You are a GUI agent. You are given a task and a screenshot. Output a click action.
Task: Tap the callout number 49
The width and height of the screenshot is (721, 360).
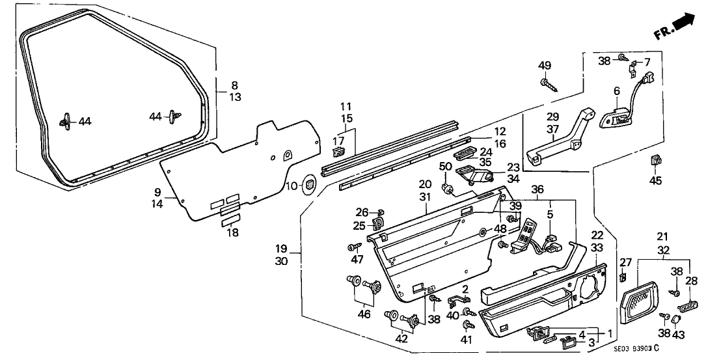pos(545,65)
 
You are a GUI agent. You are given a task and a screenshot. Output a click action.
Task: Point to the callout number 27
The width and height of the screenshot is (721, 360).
pos(625,263)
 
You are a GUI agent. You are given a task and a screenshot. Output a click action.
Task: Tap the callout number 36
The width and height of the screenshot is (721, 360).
pos(537,189)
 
